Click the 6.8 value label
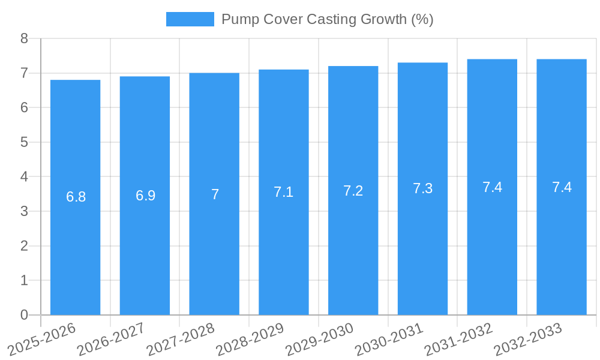[76, 197]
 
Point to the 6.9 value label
[145, 196]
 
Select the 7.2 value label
[353, 191]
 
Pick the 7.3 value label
[422, 188]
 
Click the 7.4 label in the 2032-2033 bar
[562, 187]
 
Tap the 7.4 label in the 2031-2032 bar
[492, 187]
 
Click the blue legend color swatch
[190, 19]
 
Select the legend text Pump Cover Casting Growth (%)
[327, 19]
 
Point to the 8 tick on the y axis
[24, 38]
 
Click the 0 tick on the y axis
[24, 315]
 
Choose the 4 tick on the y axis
[24, 177]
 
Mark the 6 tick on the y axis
[24, 108]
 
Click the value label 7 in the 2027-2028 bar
[215, 194]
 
